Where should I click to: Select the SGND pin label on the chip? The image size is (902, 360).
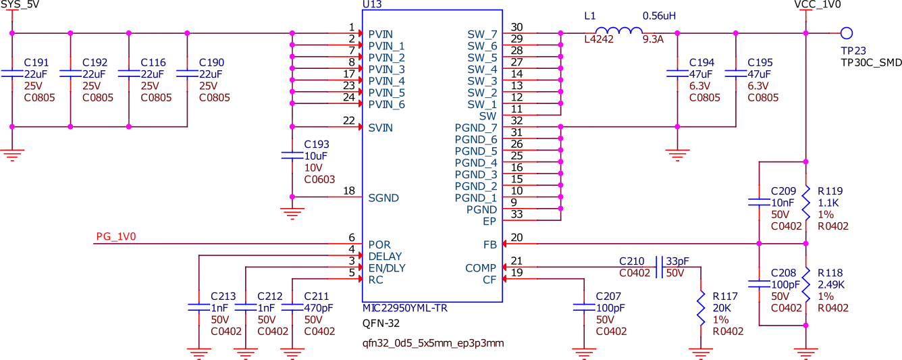(383, 198)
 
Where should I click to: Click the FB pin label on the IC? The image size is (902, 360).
(489, 242)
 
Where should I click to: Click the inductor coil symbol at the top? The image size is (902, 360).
(619, 30)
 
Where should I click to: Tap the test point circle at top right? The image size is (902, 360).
(845, 32)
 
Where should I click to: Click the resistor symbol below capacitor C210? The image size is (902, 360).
(701, 307)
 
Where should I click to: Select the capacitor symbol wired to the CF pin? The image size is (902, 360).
(583, 307)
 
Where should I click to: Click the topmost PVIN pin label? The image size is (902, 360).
(381, 32)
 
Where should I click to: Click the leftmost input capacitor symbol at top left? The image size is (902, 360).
(11, 72)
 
